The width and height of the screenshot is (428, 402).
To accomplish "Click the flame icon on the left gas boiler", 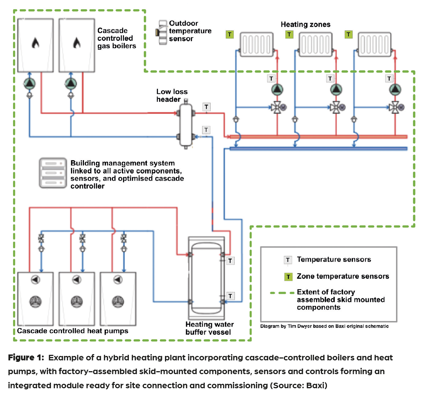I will pos(35,43).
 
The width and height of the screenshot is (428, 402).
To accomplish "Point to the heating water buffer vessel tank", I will pos(206,279).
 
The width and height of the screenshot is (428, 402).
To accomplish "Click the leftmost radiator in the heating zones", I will pos(256,45).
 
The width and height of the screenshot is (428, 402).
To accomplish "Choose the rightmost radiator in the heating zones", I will pos(374,45).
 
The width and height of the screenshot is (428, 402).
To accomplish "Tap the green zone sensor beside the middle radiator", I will pos(289,35).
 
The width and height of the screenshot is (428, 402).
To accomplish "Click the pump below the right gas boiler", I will pos(70,83).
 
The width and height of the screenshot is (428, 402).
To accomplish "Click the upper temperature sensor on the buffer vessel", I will pos(230,261).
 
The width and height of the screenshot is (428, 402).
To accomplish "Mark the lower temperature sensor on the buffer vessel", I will pos(230,296).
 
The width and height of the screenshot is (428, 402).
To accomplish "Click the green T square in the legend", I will pos(288,277).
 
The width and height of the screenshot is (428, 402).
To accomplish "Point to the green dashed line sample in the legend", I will pos(282,293).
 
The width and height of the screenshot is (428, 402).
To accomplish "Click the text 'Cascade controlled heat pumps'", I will pos(73,331).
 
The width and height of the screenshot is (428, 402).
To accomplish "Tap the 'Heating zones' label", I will pos(305,25).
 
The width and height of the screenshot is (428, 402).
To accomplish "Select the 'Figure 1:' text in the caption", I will pos(26,358).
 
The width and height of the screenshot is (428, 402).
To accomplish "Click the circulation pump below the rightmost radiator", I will pos(395,90).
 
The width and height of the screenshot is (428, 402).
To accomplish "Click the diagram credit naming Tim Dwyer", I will pos(324,326).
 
